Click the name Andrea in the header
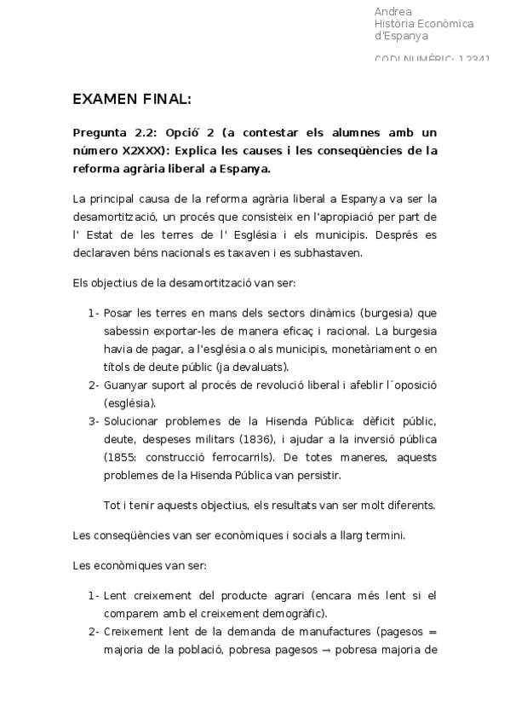(x=393, y=12)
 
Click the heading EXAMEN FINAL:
(x=132, y=100)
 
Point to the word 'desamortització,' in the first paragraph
(x=116, y=217)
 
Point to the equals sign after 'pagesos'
(x=433, y=632)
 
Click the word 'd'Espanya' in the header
(x=402, y=36)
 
